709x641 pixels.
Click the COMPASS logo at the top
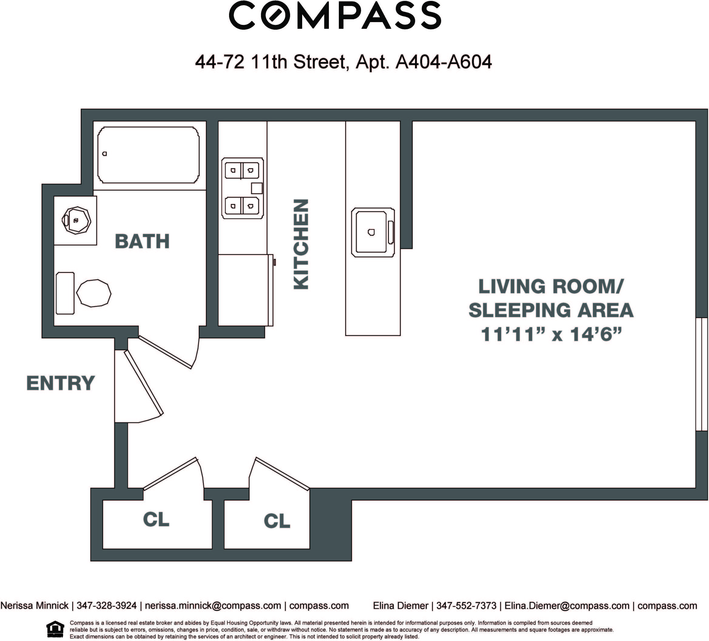(x=335, y=15)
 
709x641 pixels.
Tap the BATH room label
(x=142, y=241)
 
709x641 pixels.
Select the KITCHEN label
(x=301, y=244)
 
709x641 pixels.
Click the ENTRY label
(x=60, y=383)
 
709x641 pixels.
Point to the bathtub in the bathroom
(x=148, y=155)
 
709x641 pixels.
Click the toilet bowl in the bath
(x=93, y=293)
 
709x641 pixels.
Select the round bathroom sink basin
(x=76, y=220)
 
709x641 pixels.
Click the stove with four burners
(x=243, y=188)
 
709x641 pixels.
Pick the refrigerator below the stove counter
(x=245, y=290)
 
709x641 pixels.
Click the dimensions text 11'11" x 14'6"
(x=551, y=334)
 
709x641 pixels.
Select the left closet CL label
(x=156, y=519)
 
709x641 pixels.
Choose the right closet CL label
(x=277, y=521)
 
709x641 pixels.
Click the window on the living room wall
(x=702, y=374)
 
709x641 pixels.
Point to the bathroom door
(x=165, y=352)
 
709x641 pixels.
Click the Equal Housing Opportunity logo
(x=55, y=629)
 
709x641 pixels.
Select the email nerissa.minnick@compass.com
(x=213, y=605)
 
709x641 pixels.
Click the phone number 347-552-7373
(x=466, y=605)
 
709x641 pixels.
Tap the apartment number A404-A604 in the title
(x=444, y=62)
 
